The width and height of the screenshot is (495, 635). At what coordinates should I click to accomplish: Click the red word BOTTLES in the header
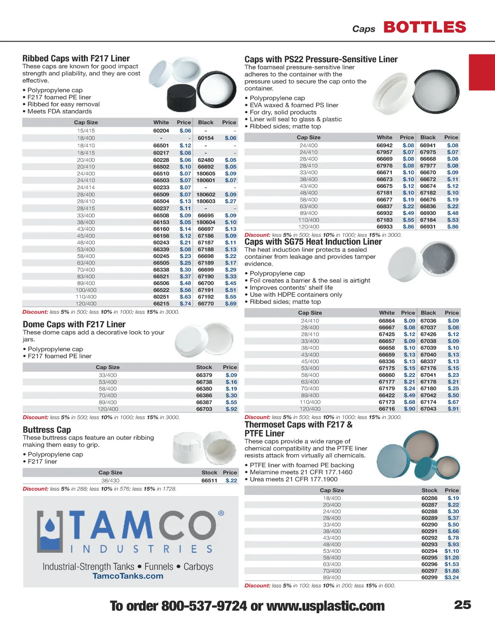[x=425, y=28]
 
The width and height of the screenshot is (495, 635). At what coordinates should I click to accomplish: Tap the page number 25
[x=462, y=605]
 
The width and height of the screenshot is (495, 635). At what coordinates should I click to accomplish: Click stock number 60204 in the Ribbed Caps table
[x=161, y=131]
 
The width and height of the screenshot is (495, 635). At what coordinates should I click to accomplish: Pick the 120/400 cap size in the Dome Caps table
[x=108, y=409]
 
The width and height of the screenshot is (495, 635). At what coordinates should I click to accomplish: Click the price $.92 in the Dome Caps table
[x=231, y=409]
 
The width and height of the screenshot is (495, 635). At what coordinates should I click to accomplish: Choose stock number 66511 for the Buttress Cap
[x=209, y=480]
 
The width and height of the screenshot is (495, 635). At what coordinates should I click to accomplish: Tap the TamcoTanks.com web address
[x=128, y=576]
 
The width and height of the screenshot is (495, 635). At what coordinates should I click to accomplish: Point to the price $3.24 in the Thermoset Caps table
[x=452, y=577]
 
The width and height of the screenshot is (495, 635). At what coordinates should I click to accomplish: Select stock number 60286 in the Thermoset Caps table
[x=429, y=498]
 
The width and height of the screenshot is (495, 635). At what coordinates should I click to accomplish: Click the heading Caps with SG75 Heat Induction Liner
[x=313, y=242]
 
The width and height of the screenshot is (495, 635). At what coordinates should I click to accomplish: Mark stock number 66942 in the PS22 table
[x=384, y=145]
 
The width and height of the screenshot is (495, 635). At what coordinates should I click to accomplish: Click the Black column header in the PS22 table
[x=428, y=138]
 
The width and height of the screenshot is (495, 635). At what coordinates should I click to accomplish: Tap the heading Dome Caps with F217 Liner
[x=74, y=325]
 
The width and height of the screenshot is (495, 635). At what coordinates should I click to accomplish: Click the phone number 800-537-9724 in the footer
[x=204, y=606]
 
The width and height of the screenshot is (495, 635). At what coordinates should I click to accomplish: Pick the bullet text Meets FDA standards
[x=59, y=112]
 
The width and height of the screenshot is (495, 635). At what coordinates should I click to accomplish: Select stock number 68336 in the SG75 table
[x=387, y=361]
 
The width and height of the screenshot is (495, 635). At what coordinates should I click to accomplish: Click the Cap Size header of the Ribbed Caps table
[x=86, y=122]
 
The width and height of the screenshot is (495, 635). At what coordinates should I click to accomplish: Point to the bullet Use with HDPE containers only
[x=296, y=294]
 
